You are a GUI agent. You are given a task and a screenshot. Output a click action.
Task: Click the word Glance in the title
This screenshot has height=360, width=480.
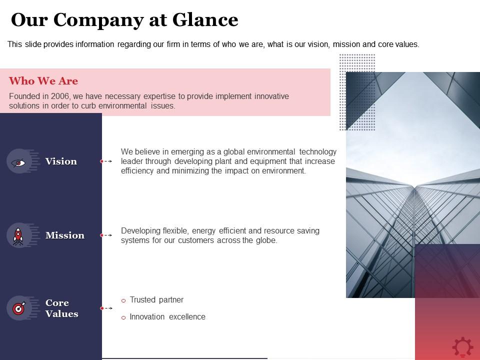point(205,20)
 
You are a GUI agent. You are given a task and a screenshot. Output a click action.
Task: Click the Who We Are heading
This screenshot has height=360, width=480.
point(43,81)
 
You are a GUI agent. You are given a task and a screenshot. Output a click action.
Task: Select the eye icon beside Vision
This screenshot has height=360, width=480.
point(18,161)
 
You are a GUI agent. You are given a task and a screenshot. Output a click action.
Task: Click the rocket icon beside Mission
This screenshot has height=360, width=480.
point(18,235)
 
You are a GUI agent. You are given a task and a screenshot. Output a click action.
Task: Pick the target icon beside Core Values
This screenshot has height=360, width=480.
point(18,308)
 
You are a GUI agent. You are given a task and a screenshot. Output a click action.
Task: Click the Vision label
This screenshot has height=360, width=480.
point(61,161)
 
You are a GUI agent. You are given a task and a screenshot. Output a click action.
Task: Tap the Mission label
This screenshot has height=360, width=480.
point(65,235)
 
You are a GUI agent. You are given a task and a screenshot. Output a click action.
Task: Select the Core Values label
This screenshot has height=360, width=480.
point(62,308)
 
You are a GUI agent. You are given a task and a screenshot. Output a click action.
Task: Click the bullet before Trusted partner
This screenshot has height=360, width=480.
point(123,300)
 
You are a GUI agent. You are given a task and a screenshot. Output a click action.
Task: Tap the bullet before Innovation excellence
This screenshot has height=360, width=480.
point(123,317)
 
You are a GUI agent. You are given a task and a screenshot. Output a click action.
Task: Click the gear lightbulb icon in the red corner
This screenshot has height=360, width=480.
point(462,346)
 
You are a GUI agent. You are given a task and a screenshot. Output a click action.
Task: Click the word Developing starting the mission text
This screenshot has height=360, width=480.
point(141,231)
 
